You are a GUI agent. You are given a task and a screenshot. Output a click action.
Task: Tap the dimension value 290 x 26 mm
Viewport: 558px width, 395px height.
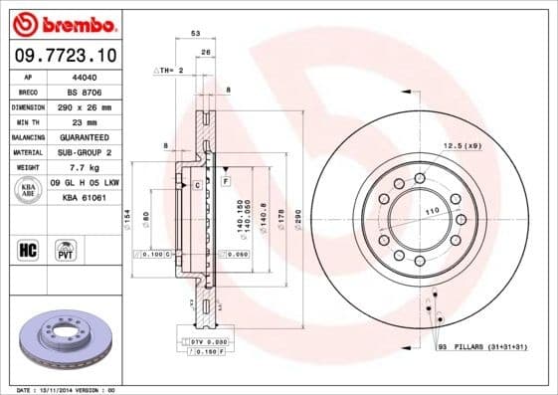click(x=87, y=105)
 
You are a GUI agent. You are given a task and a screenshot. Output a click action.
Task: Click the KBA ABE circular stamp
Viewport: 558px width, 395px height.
click(x=27, y=190)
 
